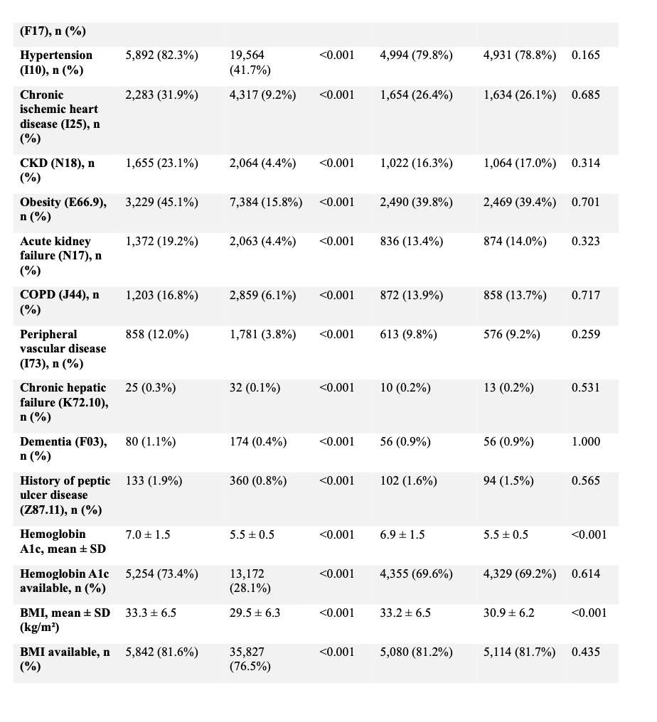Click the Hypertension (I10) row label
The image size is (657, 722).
56,63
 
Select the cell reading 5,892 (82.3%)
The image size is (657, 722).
161,55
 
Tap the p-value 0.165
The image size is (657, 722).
585,55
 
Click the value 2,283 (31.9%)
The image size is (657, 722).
161,95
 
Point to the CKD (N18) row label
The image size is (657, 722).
58,170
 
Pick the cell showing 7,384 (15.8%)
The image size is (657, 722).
266,203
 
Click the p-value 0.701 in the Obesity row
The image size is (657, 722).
585,203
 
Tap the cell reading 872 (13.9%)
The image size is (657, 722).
412,295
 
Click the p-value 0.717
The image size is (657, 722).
585,295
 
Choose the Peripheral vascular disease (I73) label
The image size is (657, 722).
63,349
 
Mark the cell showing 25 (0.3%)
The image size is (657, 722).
151,388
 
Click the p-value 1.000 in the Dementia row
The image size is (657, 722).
585,442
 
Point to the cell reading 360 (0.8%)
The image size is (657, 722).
258,481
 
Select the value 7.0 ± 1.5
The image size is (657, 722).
148,534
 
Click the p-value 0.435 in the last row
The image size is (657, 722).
585,652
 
